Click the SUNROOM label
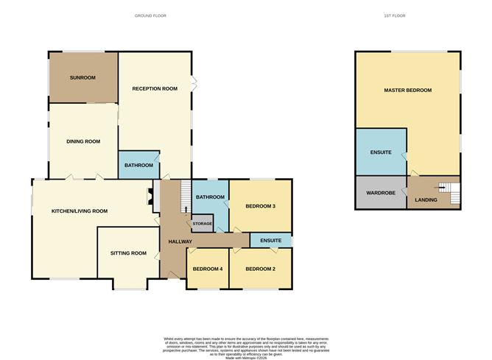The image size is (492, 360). pos(83,77)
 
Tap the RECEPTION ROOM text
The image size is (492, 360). pos(155,88)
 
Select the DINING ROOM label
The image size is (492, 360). pos(83,141)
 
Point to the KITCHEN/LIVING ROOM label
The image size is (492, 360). pos(79,211)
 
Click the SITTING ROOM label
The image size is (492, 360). pos(128,253)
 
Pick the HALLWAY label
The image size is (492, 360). pos(180,241)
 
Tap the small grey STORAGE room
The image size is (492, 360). pos(203,223)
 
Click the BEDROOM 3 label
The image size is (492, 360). pos(260,206)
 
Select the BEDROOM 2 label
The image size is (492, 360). pos(260,269)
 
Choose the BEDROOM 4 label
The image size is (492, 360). pos(207,269)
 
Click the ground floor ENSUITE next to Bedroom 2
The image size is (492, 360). pos(270,241)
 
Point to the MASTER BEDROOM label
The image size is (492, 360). pos(407,90)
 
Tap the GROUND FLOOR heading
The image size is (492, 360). pos(150,15)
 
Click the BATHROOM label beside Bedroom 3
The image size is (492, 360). pos(210,197)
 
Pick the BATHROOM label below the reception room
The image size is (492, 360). pos(138,166)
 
